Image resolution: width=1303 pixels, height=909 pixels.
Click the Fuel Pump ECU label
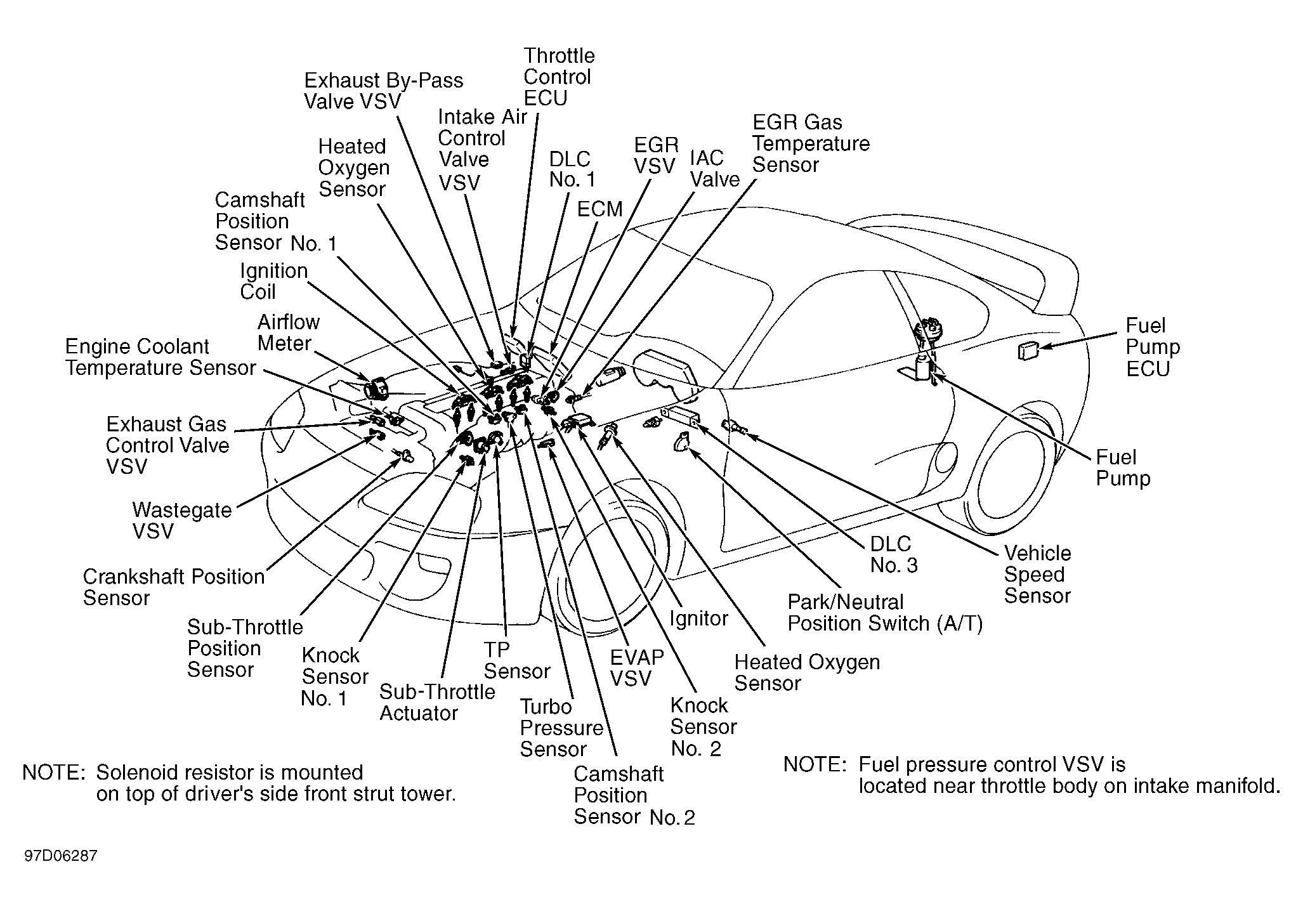pos(1152,347)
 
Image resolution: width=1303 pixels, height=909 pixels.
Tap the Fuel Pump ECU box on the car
pos(1027,351)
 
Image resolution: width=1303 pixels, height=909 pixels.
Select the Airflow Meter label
pos(288,333)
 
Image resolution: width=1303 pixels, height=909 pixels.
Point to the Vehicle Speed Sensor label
pos(1037,575)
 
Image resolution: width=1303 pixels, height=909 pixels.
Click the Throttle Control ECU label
pos(558,77)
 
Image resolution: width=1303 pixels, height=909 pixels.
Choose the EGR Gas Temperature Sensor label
pos(810,143)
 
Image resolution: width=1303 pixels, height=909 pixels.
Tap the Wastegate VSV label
pos(181,520)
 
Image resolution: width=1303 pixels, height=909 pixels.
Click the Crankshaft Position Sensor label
pos(173,587)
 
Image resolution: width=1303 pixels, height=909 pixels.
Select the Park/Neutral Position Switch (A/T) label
pos(884,613)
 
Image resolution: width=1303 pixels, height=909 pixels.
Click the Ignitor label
pos(699,618)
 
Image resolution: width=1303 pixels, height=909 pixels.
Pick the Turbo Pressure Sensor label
pos(561,728)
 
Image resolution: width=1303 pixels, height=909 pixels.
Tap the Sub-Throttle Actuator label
pos(436,702)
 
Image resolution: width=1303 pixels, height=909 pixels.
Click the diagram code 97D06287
pos(61,856)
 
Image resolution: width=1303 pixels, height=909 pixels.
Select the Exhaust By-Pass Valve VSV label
pos(383,91)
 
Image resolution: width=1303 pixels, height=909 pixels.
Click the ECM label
pos(599,209)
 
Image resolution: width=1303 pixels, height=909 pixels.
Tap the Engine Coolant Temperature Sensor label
pos(160,358)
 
